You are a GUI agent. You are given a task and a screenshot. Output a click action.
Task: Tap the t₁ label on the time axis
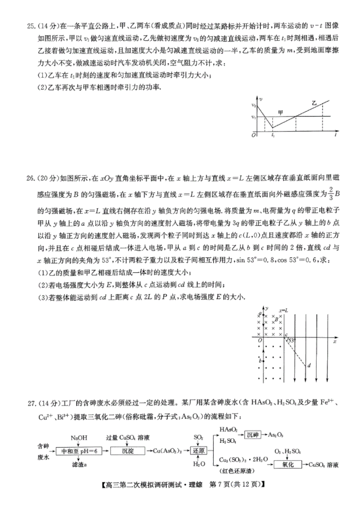(273, 136)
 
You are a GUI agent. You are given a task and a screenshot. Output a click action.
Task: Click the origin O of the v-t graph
(253, 135)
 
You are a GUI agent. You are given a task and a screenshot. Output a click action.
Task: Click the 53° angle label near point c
(291, 340)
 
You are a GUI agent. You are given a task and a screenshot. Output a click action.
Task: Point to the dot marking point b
(264, 361)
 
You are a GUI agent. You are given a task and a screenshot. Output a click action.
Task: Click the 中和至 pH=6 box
(79, 451)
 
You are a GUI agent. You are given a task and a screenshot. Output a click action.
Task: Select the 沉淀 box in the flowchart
(128, 451)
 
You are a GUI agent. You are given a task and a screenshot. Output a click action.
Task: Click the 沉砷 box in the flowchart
(253, 435)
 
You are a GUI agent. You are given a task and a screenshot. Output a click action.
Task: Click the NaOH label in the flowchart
(79, 437)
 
